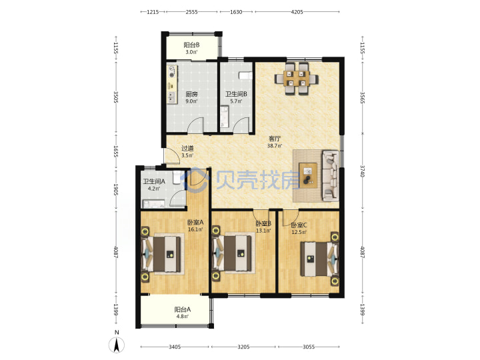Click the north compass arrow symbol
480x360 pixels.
pyautogui.click(x=117, y=345)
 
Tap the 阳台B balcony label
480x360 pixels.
pyautogui.click(x=191, y=45)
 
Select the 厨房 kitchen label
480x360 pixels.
pyautogui.click(x=191, y=94)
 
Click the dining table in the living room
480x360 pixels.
pyautogui.click(x=296, y=79)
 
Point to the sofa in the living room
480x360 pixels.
pyautogui.click(x=331, y=175)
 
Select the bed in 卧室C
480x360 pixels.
pyautogui.click(x=319, y=259)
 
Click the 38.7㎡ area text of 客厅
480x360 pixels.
pyautogui.click(x=274, y=146)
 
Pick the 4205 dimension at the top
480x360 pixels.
pyautogui.click(x=297, y=12)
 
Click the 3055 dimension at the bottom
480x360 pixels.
pyautogui.click(x=309, y=347)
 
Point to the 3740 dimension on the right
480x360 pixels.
pyautogui.click(x=363, y=171)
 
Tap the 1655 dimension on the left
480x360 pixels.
pyautogui.click(x=116, y=151)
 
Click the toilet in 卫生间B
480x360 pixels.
pyautogui.click(x=245, y=75)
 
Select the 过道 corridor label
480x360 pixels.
pyautogui.click(x=187, y=148)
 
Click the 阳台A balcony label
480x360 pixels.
pyautogui.click(x=183, y=309)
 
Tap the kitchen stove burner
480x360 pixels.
pyautogui.click(x=171, y=71)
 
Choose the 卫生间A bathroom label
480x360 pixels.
pyautogui.click(x=154, y=181)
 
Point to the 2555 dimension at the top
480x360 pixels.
pyautogui.click(x=191, y=12)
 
